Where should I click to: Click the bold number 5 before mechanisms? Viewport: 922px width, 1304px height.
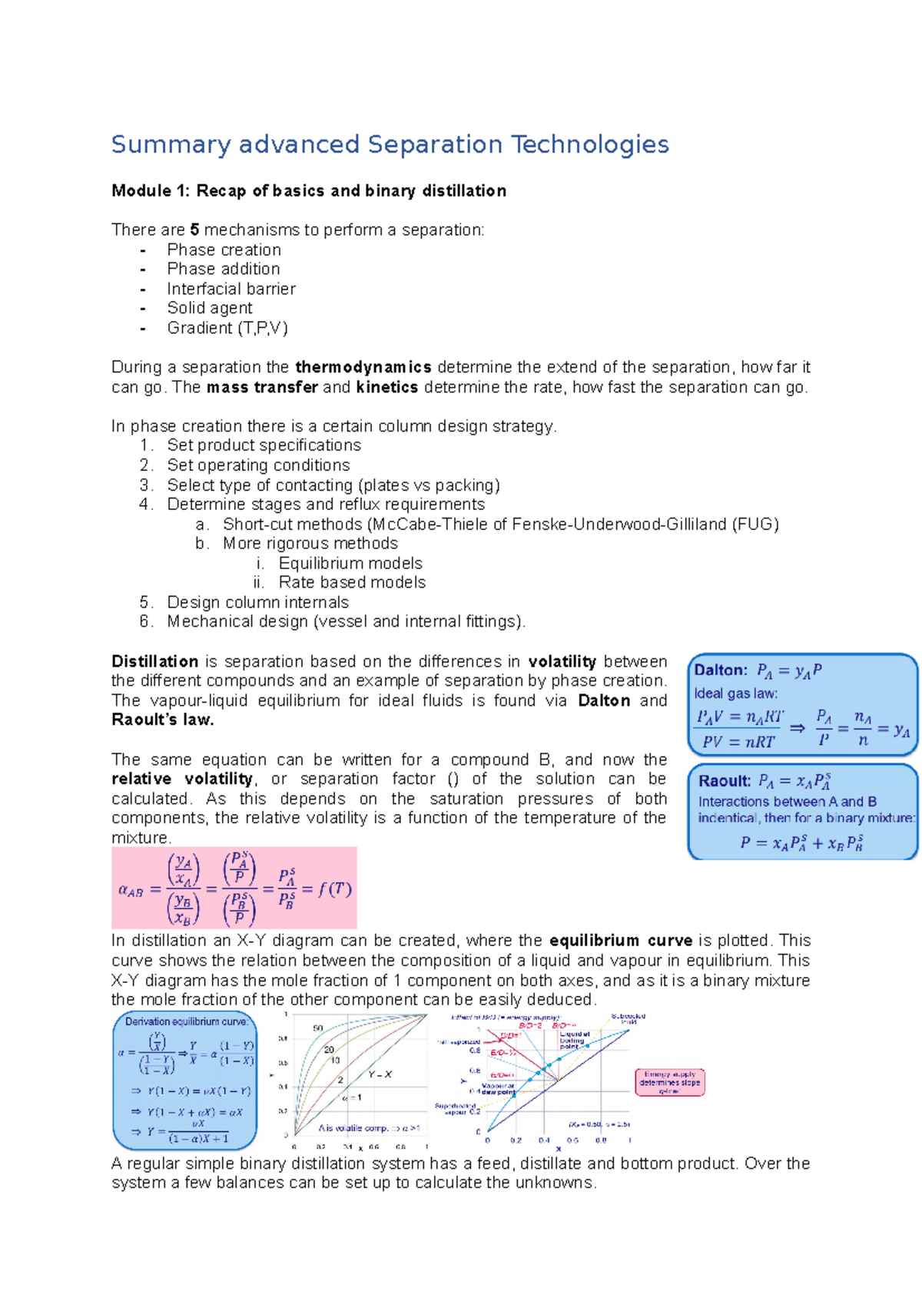pyautogui.click(x=194, y=230)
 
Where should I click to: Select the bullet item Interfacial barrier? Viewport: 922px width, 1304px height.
pyautogui.click(x=230, y=289)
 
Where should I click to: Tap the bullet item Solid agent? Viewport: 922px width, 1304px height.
pyautogui.click(x=209, y=308)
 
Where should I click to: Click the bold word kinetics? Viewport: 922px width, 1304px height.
pyautogui.click(x=386, y=387)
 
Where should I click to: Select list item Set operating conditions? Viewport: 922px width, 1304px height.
pyautogui.click(x=258, y=465)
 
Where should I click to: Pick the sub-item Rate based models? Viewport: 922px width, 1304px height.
pyautogui.click(x=352, y=583)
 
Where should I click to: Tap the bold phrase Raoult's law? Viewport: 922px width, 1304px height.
pyautogui.click(x=162, y=720)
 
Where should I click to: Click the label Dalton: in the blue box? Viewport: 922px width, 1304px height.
pyautogui.click(x=720, y=670)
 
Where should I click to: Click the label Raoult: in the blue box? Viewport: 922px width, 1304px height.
pyautogui.click(x=724, y=781)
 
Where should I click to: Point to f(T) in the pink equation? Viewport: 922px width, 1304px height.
pyautogui.click(x=335, y=889)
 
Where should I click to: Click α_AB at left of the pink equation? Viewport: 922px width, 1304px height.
pyautogui.click(x=131, y=891)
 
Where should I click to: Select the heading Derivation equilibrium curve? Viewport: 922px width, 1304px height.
pyautogui.click(x=186, y=1022)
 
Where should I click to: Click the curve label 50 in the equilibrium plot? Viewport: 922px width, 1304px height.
pyautogui.click(x=317, y=1028)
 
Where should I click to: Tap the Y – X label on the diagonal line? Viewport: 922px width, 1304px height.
pyautogui.click(x=380, y=1075)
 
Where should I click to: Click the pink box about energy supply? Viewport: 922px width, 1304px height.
pyautogui.click(x=669, y=1083)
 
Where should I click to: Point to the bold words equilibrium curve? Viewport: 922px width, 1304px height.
pyautogui.click(x=621, y=941)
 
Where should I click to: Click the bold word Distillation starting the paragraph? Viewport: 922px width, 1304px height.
pyautogui.click(x=154, y=662)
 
